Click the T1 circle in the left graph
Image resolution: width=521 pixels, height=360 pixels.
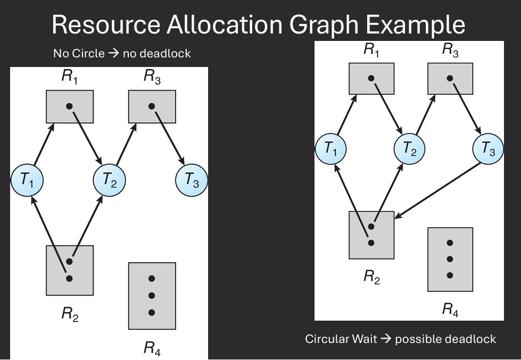(27, 181)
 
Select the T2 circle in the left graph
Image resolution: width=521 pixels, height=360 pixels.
(109, 181)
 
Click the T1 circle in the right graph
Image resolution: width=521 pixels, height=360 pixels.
(330, 149)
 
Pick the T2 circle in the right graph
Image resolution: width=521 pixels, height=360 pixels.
(409, 149)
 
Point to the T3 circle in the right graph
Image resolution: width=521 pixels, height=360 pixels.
(488, 149)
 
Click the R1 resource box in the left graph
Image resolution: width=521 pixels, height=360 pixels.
(69, 107)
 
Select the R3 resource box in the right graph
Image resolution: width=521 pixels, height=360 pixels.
(450, 79)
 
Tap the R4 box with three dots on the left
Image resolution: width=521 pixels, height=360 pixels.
(152, 296)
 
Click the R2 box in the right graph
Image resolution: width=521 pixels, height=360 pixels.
(371, 235)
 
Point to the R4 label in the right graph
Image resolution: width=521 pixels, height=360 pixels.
(450, 309)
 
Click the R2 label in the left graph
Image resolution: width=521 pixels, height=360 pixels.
(70, 314)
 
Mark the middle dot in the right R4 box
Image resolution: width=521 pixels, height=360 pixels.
(450, 259)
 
